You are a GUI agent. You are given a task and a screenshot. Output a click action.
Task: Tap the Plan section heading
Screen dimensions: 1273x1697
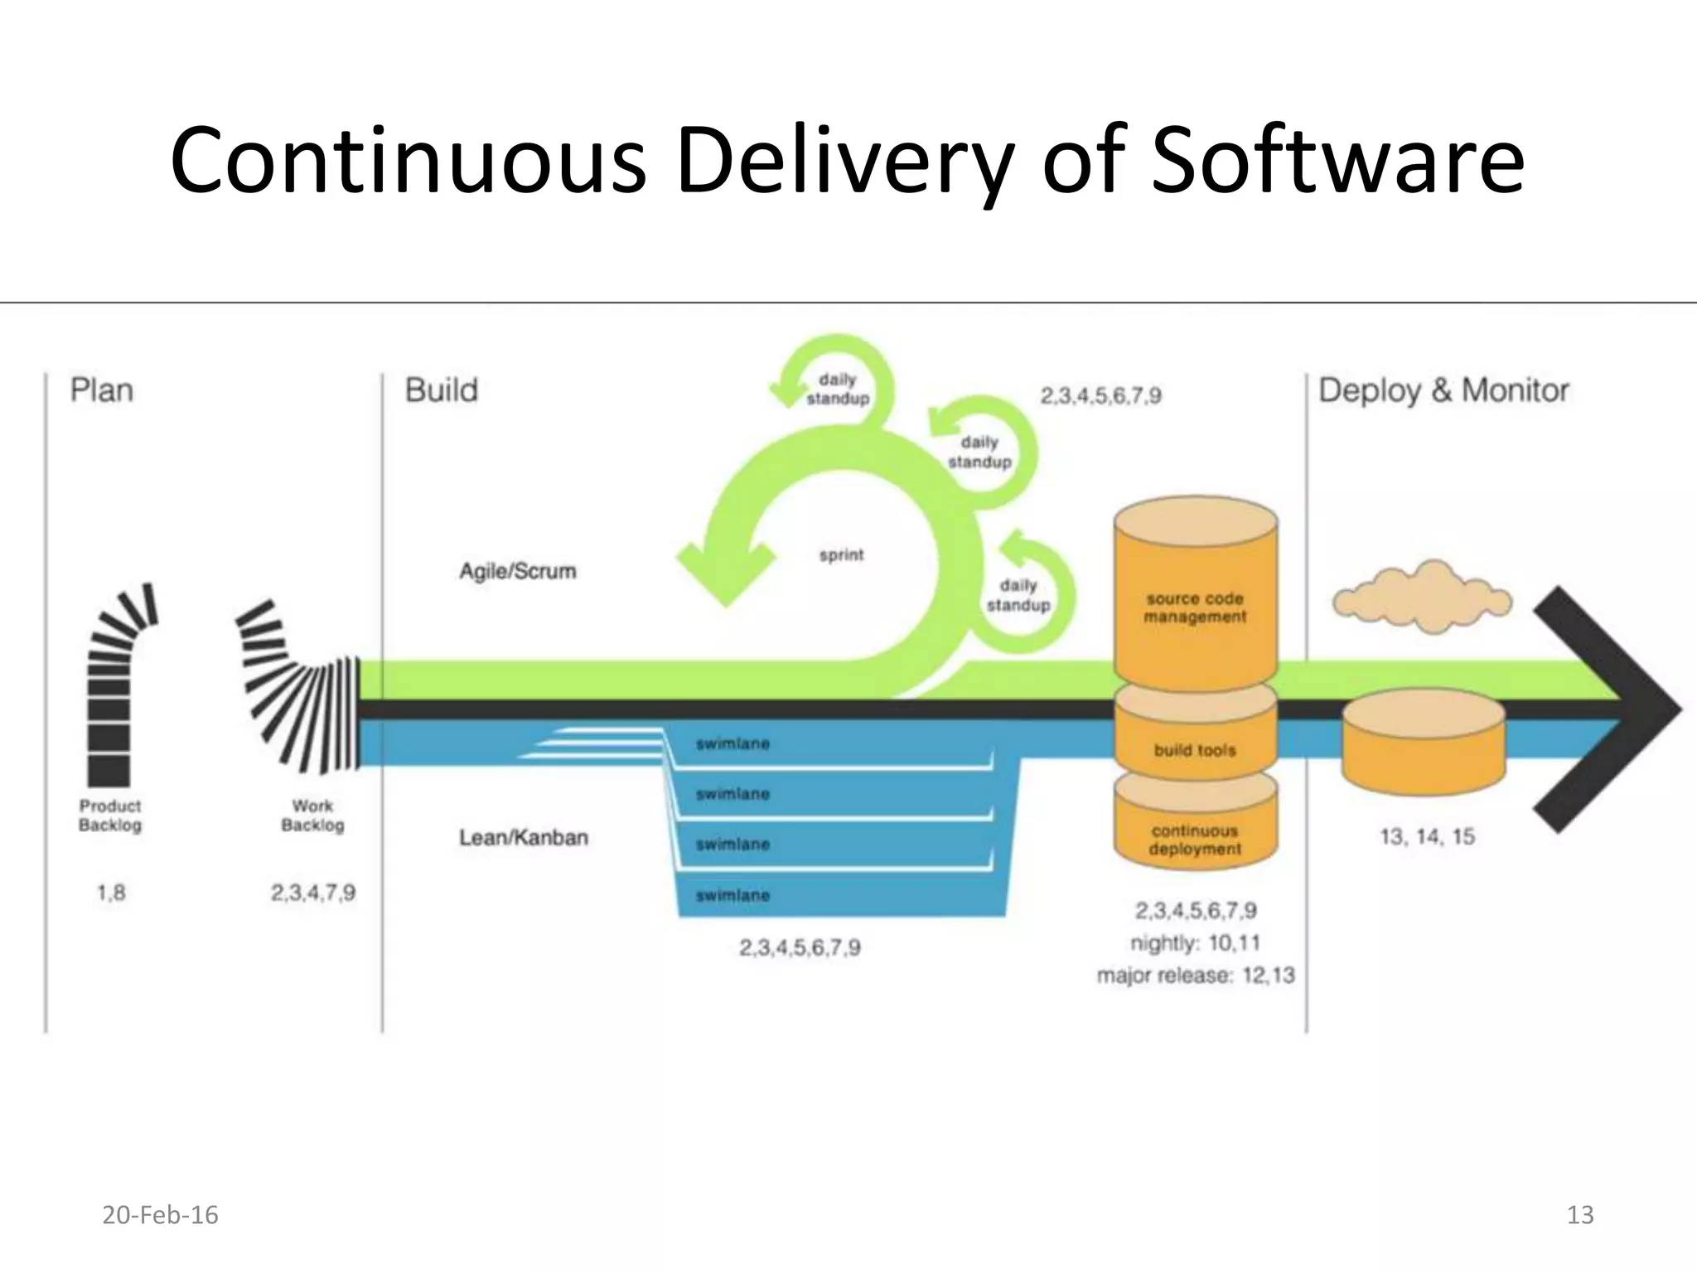101,390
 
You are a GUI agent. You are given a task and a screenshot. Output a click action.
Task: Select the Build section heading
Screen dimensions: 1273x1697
441,390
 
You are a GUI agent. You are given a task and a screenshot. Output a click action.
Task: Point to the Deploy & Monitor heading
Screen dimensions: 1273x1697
1443,390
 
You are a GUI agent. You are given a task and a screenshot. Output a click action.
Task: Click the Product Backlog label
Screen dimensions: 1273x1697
110,816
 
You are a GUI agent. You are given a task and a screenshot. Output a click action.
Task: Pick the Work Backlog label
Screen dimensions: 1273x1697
312,816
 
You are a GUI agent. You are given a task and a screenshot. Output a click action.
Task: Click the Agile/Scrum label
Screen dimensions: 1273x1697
517,571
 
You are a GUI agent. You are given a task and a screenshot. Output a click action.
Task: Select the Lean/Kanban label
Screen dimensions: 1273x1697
523,838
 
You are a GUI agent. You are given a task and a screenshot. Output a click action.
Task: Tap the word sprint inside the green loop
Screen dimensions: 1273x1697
841,555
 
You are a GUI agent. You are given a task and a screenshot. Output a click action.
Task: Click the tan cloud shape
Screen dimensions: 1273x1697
1422,598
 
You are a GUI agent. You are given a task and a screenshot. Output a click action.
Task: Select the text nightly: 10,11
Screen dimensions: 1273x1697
1195,943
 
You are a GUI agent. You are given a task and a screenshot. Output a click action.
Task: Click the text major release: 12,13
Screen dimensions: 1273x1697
1195,975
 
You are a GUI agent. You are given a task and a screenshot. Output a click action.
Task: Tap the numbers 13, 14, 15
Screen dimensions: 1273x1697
1427,837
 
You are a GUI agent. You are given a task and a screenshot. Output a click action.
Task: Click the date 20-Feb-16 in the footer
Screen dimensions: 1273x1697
160,1215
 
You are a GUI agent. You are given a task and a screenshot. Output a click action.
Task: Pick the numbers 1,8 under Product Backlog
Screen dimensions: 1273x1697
111,893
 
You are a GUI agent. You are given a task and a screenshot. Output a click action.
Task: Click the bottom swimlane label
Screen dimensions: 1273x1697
732,896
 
